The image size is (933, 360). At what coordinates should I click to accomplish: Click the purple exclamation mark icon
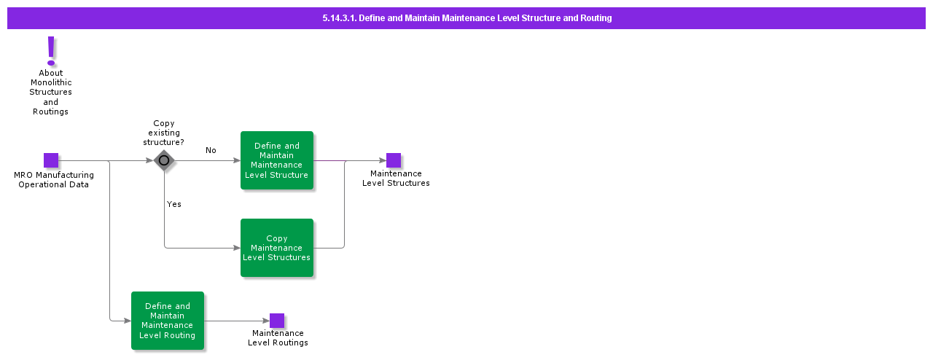click(51, 51)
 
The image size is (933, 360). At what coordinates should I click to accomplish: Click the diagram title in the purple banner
click(466, 18)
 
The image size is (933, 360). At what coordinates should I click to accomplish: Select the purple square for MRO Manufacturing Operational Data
click(51, 160)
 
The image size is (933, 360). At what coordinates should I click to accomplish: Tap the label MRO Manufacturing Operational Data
click(54, 180)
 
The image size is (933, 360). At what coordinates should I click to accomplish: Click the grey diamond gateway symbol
click(164, 160)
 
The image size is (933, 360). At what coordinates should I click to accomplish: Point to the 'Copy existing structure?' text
click(163, 133)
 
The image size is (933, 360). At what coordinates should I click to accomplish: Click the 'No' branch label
click(211, 150)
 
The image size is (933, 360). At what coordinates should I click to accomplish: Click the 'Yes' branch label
click(173, 204)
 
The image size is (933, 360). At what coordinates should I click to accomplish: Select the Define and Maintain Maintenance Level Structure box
click(277, 160)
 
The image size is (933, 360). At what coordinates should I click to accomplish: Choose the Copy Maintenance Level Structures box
click(277, 248)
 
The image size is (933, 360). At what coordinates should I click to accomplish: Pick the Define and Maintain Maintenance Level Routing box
click(168, 321)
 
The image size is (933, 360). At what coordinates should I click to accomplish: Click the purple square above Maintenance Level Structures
click(394, 160)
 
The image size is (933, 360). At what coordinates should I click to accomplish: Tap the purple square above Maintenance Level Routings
click(277, 321)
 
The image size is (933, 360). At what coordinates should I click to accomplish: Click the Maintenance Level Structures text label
click(396, 179)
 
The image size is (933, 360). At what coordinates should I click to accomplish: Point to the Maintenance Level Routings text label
click(278, 338)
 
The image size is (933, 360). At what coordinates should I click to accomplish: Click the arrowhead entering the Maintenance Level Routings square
click(266, 321)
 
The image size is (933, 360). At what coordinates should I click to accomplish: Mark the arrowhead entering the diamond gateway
click(149, 160)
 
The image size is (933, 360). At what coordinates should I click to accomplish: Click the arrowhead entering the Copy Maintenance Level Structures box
click(237, 248)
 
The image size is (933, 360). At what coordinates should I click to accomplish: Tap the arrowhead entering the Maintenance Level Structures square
click(383, 160)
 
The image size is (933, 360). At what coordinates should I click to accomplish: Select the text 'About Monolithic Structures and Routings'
click(51, 93)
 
